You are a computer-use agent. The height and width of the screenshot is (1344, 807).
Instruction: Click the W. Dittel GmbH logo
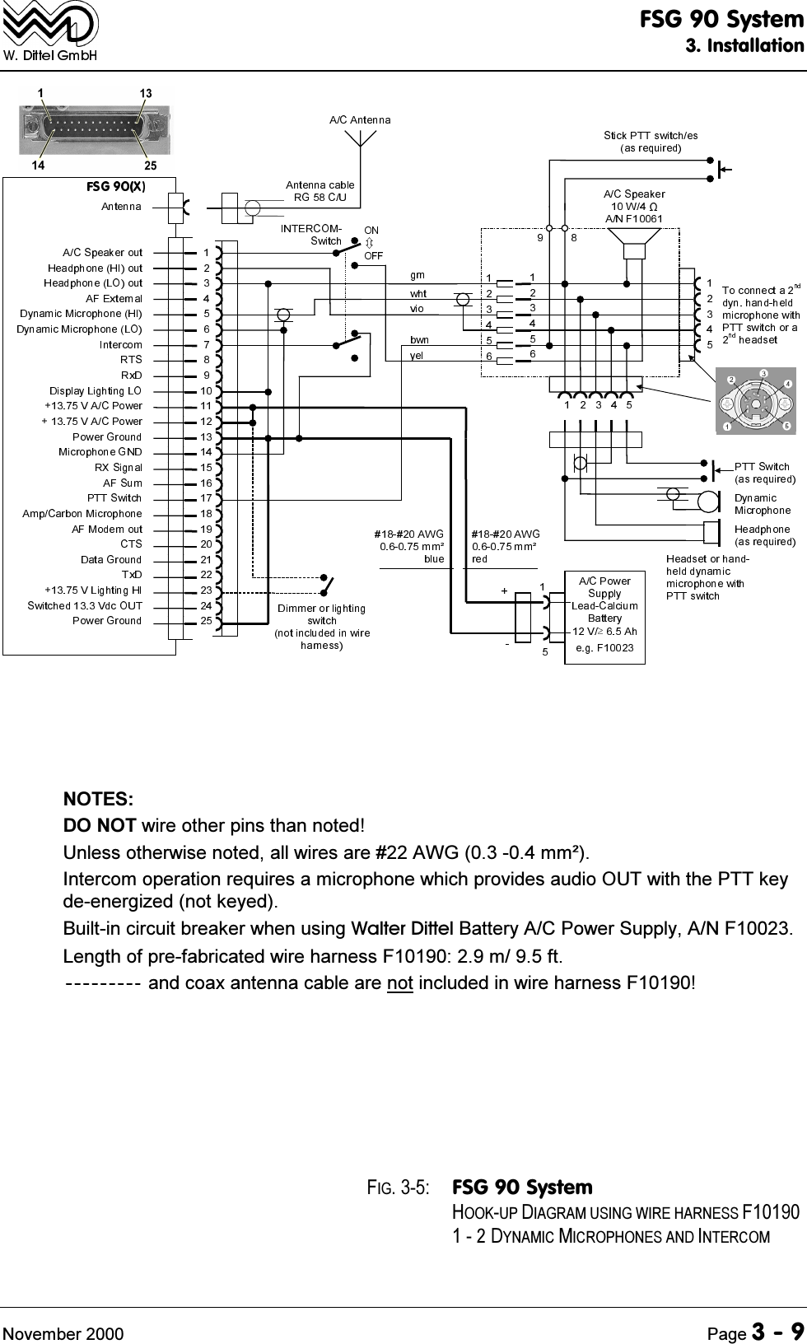coord(50,32)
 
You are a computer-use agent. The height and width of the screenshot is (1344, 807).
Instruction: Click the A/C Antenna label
coord(360,119)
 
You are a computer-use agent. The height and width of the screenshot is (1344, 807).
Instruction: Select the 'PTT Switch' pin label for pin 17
coord(114,497)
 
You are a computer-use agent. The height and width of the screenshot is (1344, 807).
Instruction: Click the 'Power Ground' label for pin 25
coord(107,620)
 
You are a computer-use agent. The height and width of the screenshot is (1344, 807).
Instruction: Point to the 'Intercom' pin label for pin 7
coord(120,344)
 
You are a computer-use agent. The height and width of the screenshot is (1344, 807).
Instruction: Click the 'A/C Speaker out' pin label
coord(102,252)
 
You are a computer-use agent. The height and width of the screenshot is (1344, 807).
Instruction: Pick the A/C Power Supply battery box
coord(604,617)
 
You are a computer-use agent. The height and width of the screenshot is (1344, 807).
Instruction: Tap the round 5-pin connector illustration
coord(755,401)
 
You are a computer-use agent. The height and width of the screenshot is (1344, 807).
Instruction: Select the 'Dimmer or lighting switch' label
coord(321,626)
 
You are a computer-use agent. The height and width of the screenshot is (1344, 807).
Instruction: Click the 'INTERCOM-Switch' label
coord(311,234)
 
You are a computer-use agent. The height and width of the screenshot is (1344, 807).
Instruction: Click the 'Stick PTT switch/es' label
coord(650,142)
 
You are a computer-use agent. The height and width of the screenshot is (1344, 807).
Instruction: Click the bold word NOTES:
coord(100,799)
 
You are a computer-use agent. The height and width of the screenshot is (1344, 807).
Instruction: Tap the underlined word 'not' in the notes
coord(399,982)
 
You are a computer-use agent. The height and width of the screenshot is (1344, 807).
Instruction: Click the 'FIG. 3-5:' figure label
coord(397,1187)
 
